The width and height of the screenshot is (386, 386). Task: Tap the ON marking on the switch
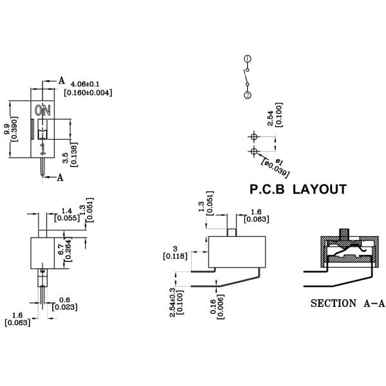(43, 111)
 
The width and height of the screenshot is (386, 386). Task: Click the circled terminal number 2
(248, 95)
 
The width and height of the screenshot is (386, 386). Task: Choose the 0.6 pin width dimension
(65, 299)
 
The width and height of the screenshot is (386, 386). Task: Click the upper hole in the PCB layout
(253, 137)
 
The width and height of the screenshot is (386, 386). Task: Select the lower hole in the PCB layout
(253, 151)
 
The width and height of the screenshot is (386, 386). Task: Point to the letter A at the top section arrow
(62, 80)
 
